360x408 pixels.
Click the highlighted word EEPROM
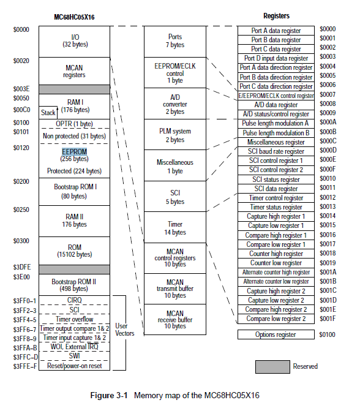coord(75,151)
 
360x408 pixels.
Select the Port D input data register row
coord(276,58)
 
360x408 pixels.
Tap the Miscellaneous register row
coord(276,142)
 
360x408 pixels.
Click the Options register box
coord(276,334)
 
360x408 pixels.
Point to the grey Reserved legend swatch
coord(272,367)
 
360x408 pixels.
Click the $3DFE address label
coord(22,267)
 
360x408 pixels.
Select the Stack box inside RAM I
coord(48,113)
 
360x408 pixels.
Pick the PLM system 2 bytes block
coord(175,135)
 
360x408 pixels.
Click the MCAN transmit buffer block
coord(175,289)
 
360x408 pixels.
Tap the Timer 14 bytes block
coord(175,227)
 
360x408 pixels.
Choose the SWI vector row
coord(75,356)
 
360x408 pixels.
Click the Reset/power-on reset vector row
coord(75,366)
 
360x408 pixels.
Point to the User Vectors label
coord(125,330)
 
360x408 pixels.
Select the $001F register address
coord(328,319)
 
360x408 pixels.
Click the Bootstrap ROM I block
coord(75,192)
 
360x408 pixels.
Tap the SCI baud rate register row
coord(276,151)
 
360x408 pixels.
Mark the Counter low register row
coord(276,263)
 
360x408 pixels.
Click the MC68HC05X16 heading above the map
coord(74,17)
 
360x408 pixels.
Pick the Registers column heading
coord(276,16)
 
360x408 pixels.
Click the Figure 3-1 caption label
coord(109,396)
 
